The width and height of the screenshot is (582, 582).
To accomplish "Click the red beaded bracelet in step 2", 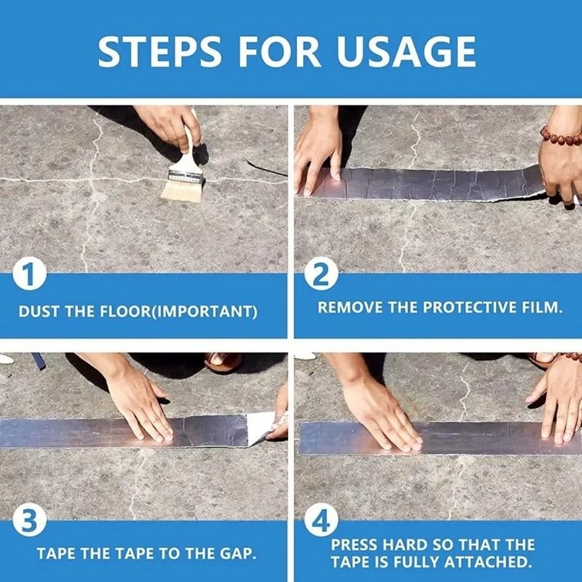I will click(560, 137).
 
